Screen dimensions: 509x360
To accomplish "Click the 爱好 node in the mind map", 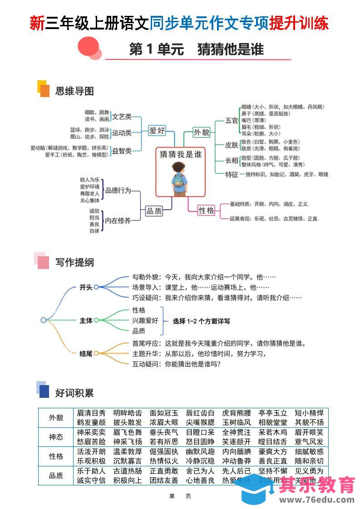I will [157, 131].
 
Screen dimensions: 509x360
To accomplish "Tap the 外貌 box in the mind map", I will [202, 132].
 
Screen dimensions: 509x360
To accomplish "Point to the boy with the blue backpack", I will [181, 179].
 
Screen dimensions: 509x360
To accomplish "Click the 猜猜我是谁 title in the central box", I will [181, 154].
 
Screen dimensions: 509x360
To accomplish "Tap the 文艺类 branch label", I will [122, 117].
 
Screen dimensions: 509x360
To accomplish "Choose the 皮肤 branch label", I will [232, 145].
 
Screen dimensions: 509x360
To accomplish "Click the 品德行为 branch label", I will [118, 191].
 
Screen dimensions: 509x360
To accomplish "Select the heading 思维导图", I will [74, 91].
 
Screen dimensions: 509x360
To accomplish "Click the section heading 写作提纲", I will [74, 263].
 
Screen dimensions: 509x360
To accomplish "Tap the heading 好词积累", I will [74, 393].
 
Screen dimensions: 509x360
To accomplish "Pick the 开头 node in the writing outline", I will [86, 287].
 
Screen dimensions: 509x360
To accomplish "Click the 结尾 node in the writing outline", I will [86, 353].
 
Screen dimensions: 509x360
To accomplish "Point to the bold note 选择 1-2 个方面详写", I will [201, 321].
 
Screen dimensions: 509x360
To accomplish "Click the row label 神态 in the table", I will [56, 437].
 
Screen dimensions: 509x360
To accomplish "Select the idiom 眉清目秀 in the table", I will [91, 413].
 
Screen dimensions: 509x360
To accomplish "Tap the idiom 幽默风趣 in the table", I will [200, 452].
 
